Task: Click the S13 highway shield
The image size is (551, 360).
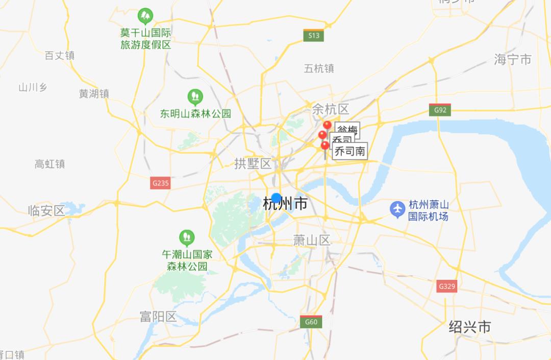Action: (313, 35)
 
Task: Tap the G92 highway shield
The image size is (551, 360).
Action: (440, 110)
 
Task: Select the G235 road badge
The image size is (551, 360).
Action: (160, 183)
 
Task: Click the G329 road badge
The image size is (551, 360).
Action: (446, 286)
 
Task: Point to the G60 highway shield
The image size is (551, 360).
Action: (311, 322)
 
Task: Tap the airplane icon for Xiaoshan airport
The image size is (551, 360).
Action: (397, 209)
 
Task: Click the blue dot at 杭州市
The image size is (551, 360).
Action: (276, 198)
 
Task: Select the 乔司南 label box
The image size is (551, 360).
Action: (350, 151)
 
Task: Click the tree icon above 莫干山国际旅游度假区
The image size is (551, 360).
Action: (145, 16)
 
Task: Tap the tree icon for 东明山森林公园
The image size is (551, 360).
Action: (195, 97)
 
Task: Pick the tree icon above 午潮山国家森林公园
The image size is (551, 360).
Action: (187, 237)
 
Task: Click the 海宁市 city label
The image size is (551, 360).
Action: (512, 59)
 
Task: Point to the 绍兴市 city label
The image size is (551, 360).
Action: (469, 327)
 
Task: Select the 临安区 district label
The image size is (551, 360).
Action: (46, 210)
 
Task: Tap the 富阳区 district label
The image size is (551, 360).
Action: (158, 317)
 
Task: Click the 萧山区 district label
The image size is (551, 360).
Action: (312, 240)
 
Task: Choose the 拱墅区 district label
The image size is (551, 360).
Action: (253, 163)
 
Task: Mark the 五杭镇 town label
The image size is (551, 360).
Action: (319, 68)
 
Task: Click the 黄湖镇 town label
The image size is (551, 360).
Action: (94, 94)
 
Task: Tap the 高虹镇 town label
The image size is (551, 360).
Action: (49, 164)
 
